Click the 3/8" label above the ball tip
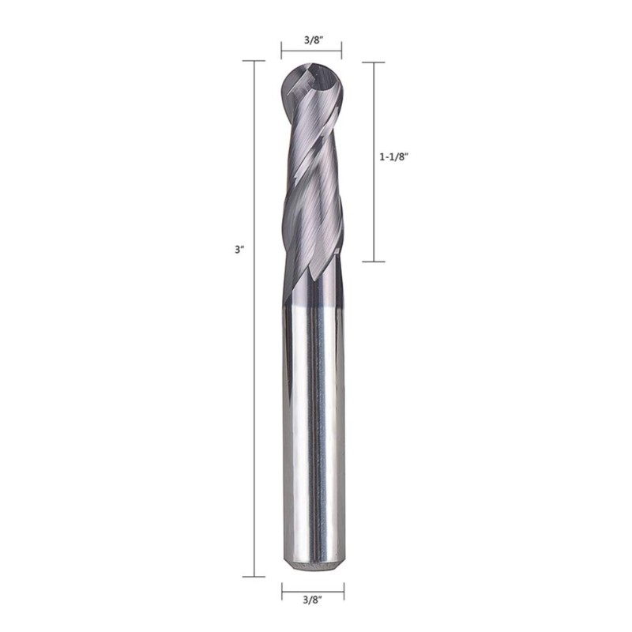point(314,40)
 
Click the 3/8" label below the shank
point(313,600)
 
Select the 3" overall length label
point(240,250)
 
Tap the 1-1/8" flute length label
point(394,156)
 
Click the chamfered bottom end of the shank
point(314,566)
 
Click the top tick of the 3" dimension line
point(254,61)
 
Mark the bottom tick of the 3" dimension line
point(254,577)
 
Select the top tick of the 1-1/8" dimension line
point(374,62)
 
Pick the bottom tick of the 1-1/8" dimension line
point(374,261)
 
